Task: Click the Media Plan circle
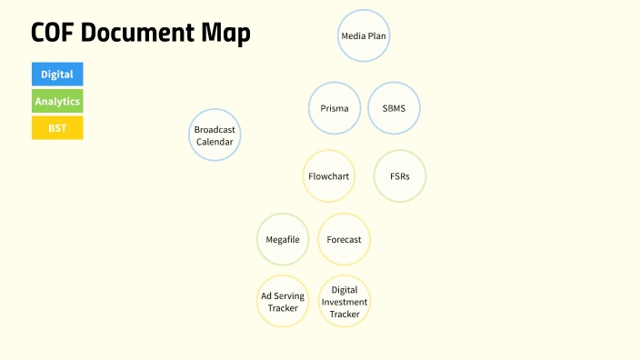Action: point(364,36)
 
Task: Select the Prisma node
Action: point(335,109)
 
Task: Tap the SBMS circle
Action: point(394,109)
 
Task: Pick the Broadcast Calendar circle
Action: point(215,135)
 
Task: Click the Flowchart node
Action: point(329,175)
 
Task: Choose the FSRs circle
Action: point(399,175)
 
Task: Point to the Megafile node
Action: point(283,239)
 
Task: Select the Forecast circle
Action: point(344,239)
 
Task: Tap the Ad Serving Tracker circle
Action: point(283,302)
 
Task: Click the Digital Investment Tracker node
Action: point(345,302)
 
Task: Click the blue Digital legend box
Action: point(57,75)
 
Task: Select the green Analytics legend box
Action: point(57,101)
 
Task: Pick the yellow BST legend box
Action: point(57,128)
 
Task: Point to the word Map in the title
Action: point(226,33)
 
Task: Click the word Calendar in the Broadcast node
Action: point(215,142)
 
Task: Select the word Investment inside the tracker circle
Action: point(345,302)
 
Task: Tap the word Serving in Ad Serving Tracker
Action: point(290,296)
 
